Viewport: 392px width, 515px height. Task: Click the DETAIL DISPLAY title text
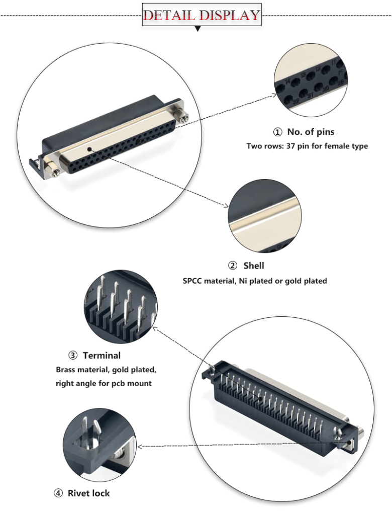pos(202,15)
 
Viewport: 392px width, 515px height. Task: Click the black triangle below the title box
pos(198,29)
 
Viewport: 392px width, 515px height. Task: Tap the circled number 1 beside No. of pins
pos(277,132)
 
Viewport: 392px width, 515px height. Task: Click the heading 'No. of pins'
pos(311,132)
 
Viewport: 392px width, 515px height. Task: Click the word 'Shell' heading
pos(253,266)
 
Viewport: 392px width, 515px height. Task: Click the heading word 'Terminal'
pos(102,356)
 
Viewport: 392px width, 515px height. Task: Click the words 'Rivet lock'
pos(88,493)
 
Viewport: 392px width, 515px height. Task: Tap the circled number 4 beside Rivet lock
pos(58,493)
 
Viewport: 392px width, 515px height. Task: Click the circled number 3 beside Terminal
pos(73,356)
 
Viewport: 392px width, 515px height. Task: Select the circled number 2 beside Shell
pos(232,266)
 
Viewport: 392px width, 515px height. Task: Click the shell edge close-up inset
pos(264,217)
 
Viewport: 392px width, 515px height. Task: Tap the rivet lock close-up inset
pos(100,444)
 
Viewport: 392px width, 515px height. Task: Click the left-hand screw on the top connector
pos(52,168)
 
